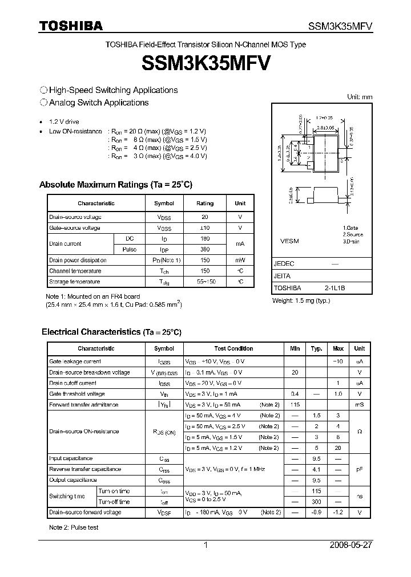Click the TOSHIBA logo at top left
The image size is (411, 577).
pos(71,26)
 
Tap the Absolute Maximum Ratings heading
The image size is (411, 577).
pos(116,185)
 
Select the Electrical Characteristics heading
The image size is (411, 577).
pos(111,331)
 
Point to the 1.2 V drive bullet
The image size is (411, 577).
pos(64,122)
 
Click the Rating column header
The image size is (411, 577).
pos(205,204)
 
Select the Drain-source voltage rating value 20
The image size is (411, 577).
pos(205,217)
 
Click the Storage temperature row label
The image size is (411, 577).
pos(75,282)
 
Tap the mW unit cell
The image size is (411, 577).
pos(240,260)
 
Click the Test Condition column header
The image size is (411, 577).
pos(233,348)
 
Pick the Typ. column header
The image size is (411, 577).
pos(316,348)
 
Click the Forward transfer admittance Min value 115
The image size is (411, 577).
pos(295,405)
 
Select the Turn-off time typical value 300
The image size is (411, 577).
pos(316,502)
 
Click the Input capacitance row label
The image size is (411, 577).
pos(71,458)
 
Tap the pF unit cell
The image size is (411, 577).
pos(359,469)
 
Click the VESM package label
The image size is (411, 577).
pos(289,241)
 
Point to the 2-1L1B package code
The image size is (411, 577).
pos(335,288)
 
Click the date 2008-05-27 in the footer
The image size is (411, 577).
pos(350,545)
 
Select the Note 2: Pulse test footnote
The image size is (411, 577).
pos(74,527)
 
